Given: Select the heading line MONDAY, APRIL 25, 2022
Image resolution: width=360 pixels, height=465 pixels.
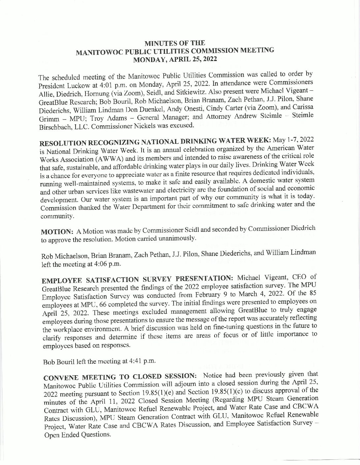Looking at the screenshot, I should (175, 59).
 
